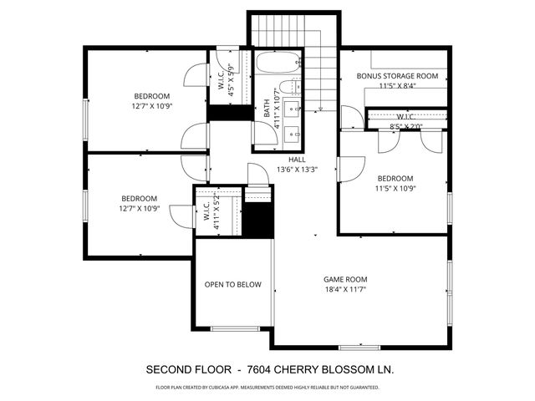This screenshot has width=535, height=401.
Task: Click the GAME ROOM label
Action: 345,279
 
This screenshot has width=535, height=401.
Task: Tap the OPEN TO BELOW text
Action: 233,284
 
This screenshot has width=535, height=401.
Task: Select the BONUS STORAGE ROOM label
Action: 397,76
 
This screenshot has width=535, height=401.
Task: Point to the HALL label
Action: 298,159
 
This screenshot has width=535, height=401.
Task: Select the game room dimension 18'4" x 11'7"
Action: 345,289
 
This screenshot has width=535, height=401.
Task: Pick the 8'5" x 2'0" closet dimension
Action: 406,127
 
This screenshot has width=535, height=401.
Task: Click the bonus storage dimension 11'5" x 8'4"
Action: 397,86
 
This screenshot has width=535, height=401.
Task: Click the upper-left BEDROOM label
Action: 151,95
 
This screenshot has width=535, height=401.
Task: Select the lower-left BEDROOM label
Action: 140,198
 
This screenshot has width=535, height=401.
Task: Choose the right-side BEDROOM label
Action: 395,178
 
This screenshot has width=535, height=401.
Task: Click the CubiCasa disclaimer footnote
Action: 267,388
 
